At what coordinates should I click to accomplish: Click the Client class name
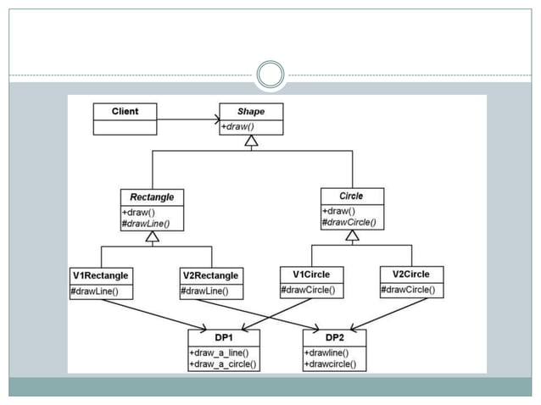click(125, 111)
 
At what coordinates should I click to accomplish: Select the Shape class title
click(251, 111)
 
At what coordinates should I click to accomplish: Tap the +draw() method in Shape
click(240, 126)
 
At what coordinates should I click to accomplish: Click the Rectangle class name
click(152, 197)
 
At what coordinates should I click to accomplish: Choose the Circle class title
click(351, 196)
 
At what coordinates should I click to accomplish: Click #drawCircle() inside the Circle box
click(349, 223)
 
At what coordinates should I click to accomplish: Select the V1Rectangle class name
click(101, 275)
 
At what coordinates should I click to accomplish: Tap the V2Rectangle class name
click(211, 275)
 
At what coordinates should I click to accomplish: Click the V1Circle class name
click(311, 274)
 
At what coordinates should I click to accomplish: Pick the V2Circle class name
click(410, 274)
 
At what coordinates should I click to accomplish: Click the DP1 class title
click(224, 337)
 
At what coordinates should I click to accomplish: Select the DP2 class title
click(335, 337)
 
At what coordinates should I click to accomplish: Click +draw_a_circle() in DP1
click(224, 364)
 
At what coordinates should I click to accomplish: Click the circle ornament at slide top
click(270, 75)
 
